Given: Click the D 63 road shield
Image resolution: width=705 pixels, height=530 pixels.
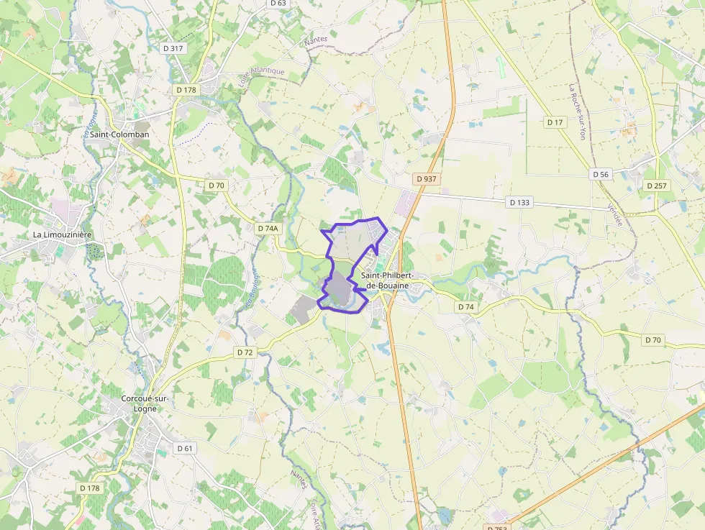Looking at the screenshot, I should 278,3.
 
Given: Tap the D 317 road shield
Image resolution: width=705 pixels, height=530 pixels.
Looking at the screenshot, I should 173,48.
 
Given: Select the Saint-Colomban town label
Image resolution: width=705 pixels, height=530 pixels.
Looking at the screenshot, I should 119,134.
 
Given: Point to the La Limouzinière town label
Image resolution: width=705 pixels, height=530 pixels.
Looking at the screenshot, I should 63,235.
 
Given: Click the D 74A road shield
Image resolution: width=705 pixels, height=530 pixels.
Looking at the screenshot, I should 268,228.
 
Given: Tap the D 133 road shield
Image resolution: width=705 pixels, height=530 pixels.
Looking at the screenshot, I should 519,202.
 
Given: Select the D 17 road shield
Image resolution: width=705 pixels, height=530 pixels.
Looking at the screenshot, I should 555,122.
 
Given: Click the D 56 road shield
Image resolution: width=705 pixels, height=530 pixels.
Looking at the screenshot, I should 601,174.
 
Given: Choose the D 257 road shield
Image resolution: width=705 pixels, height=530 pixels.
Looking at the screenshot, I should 657,186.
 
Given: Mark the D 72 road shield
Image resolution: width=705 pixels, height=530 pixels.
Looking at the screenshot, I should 245,352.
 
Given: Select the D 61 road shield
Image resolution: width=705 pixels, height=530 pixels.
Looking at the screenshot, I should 185,448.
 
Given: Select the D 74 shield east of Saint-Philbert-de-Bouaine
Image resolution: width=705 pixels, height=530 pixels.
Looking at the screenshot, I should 465,306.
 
